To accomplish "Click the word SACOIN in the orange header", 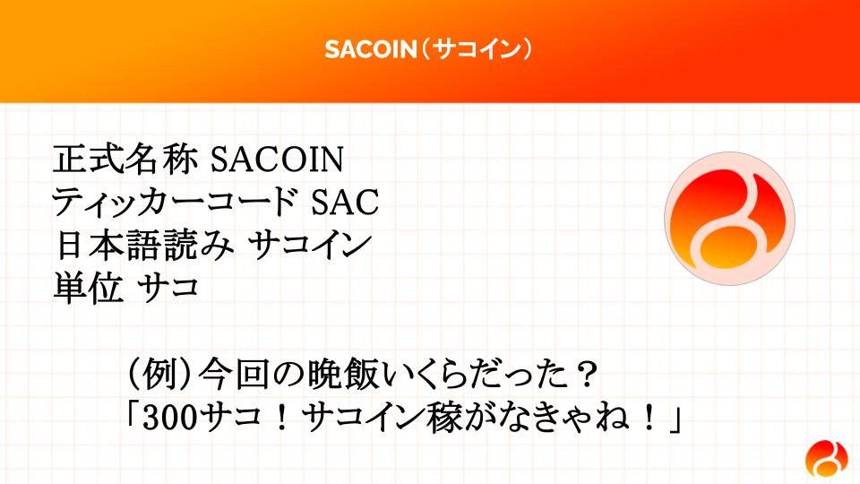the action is tap(371, 49).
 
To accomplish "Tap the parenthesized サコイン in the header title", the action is tap(476, 49).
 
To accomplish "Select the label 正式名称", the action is tap(125, 160).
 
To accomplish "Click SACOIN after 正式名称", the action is tap(278, 160).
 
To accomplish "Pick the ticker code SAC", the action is tap(345, 202).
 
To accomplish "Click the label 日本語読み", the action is tap(144, 245).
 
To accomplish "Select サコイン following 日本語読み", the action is tap(310, 245).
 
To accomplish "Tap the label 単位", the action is tap(88, 288).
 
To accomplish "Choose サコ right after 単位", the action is tap(168, 288).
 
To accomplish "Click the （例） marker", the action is tap(159, 376).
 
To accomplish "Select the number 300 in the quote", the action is tap(169, 419).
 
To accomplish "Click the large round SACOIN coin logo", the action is tap(729, 219).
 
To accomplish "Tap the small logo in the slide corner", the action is tap(827, 459).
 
